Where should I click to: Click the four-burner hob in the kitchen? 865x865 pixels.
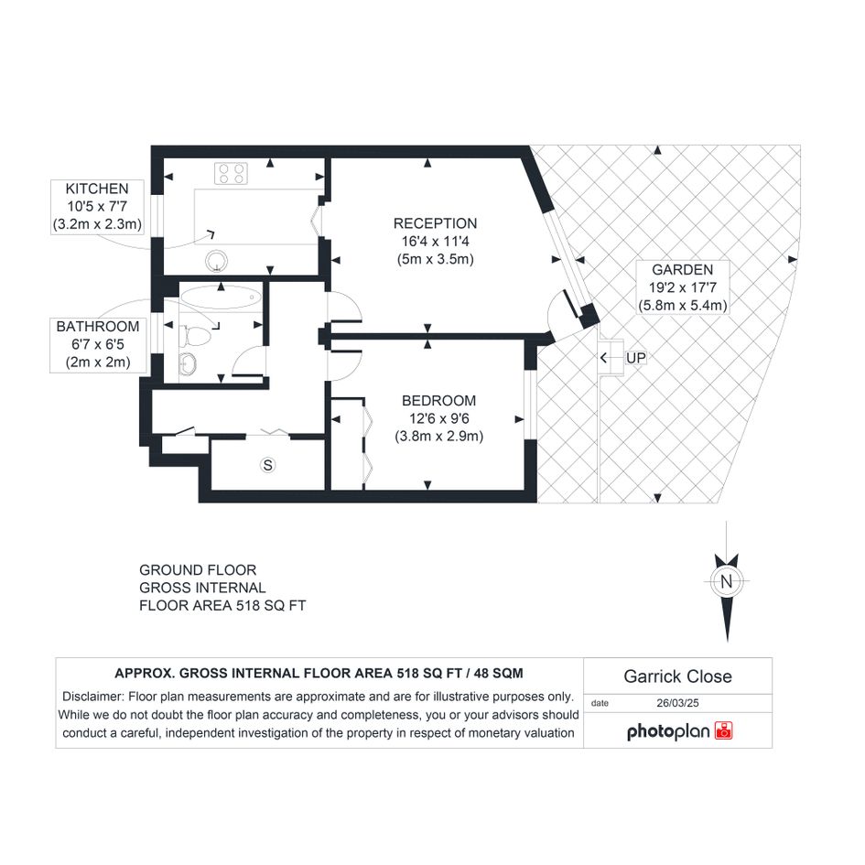tap(232, 173)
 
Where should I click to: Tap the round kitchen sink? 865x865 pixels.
tap(216, 262)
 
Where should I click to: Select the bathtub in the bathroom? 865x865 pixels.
tap(221, 297)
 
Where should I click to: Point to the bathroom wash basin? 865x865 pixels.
tap(188, 364)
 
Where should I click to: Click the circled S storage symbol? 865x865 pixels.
tap(267, 465)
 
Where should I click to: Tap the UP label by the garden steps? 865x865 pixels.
tap(635, 358)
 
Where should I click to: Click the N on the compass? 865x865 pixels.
tap(726, 581)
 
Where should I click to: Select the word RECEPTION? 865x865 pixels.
tap(436, 223)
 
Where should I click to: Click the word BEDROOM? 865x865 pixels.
tap(438, 401)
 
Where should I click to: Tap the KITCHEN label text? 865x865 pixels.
tap(97, 189)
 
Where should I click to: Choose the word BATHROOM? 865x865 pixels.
tap(98, 327)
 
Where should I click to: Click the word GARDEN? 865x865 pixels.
tap(683, 270)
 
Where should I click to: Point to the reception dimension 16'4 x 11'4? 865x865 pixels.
tap(436, 241)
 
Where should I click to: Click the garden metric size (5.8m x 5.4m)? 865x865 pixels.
tap(683, 305)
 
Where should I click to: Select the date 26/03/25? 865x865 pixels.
tap(677, 703)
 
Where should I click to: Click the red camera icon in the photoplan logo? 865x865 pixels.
tap(723, 730)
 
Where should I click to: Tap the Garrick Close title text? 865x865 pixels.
tap(677, 676)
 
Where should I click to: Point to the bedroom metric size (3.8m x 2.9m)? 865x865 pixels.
tap(438, 437)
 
